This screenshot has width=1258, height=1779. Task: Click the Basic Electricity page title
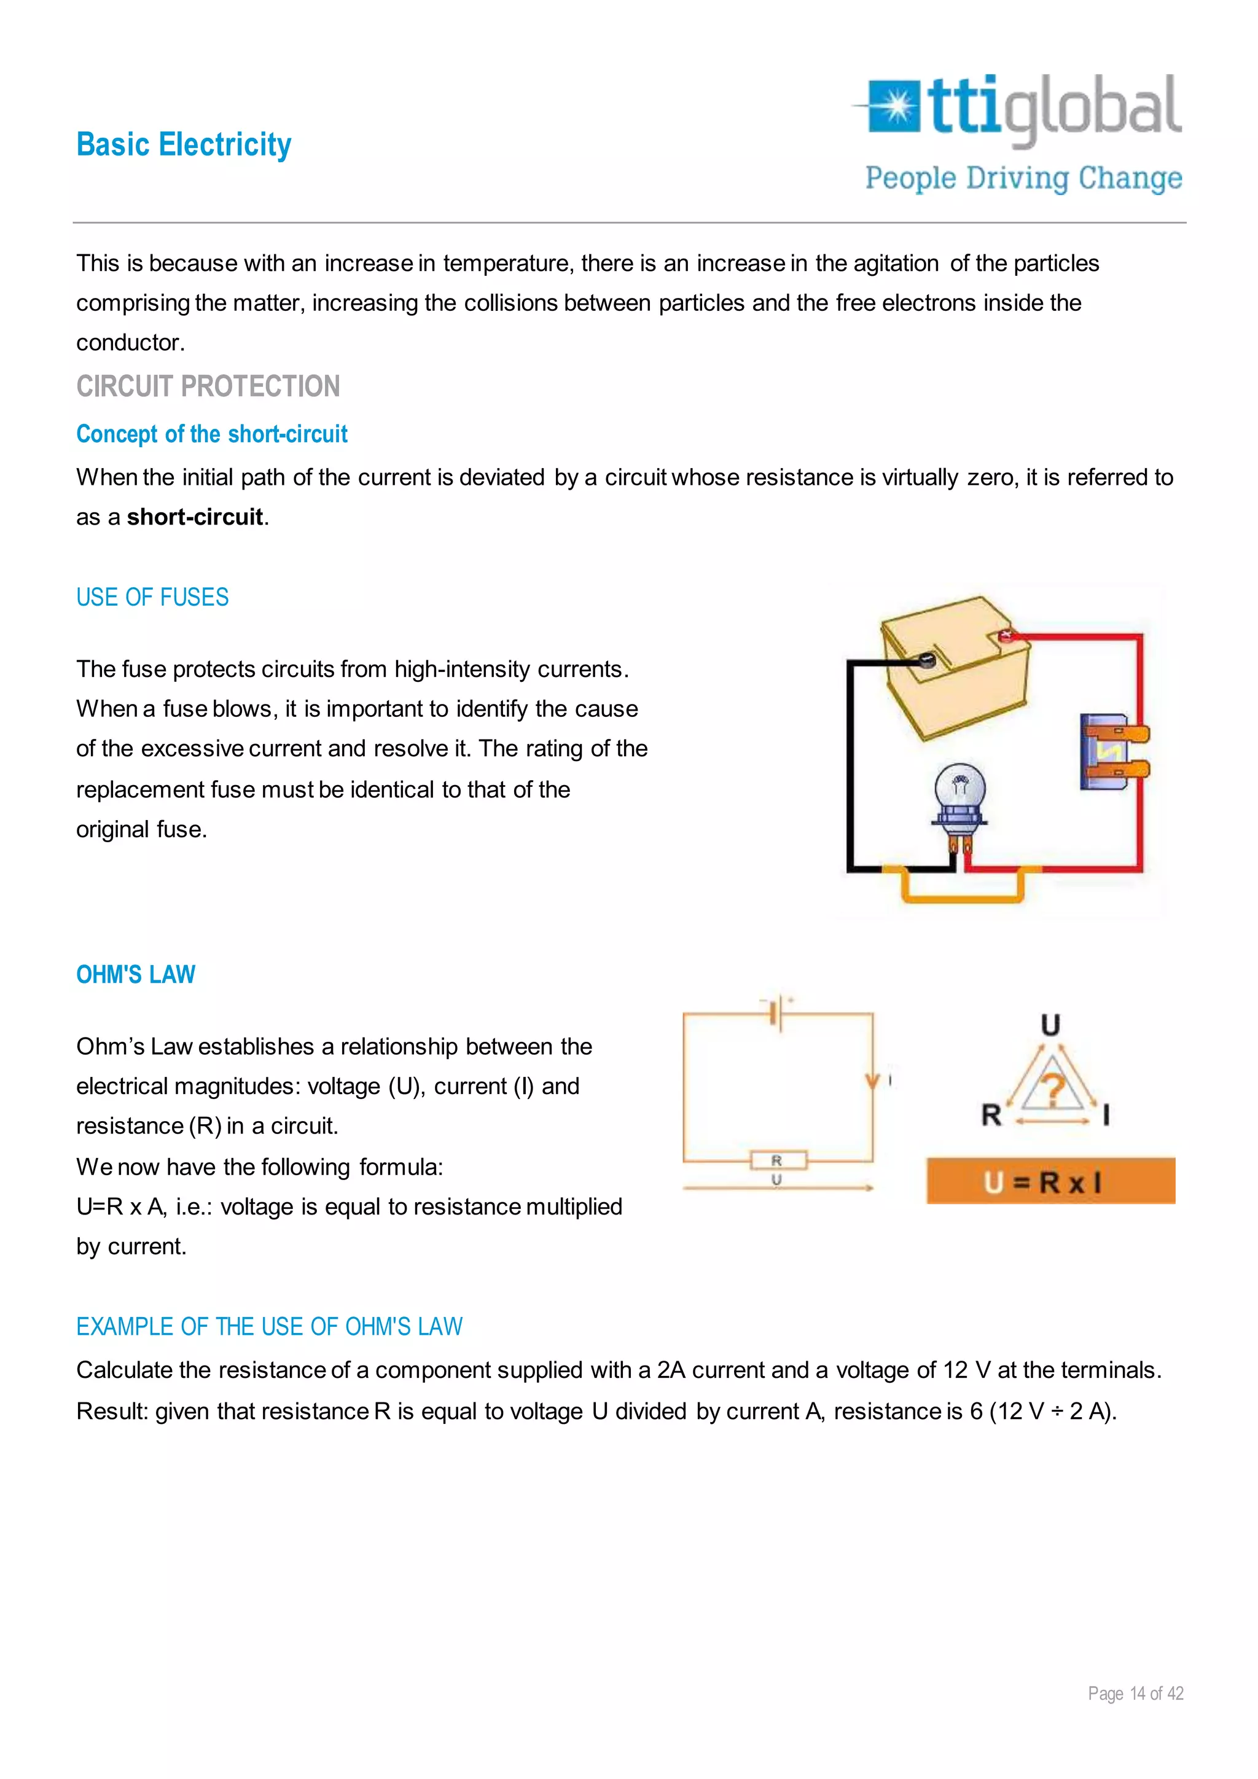[184, 145]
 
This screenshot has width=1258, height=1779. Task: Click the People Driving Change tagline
[1023, 178]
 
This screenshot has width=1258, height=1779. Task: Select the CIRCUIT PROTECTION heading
[208, 386]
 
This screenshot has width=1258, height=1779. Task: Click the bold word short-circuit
[195, 517]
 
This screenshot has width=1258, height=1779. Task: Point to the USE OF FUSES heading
[152, 597]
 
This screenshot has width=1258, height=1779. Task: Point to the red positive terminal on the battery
[1006, 636]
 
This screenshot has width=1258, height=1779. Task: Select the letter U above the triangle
[1050, 1025]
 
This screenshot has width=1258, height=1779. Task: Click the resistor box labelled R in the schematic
[778, 1160]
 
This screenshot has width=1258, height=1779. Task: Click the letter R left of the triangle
[991, 1115]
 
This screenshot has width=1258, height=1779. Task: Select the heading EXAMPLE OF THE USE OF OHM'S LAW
[269, 1326]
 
